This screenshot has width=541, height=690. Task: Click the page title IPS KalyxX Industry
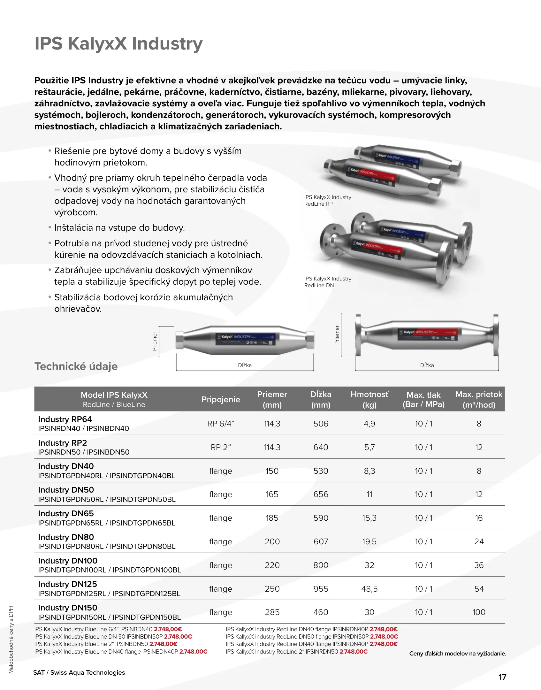point(118,44)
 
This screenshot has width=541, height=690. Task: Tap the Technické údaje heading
point(76,366)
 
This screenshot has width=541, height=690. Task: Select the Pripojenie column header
point(221,399)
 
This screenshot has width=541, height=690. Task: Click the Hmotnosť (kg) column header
point(370,399)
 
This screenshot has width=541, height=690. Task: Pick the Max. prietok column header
point(479,399)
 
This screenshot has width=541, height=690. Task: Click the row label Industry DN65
point(66,513)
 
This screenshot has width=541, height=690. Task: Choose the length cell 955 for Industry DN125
point(321,589)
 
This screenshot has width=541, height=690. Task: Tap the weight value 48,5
point(370,589)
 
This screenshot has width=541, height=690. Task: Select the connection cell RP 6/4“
point(221,424)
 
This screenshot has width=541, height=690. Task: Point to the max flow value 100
point(479,612)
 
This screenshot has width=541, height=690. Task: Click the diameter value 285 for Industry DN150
point(272,612)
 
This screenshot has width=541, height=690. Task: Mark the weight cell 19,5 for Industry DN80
point(370,541)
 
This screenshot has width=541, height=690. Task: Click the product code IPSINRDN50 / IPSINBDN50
point(84,452)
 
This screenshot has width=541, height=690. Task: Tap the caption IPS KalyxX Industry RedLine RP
point(328,201)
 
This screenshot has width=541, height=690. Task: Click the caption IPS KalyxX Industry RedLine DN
point(328,282)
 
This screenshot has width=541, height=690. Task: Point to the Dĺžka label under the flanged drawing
point(427,365)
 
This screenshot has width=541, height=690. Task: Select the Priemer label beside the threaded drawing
point(155,341)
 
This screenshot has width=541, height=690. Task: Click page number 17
point(502,677)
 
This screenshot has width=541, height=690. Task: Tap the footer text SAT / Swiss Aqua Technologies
point(79,672)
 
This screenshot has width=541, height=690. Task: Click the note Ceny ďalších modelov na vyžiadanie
point(458,654)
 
